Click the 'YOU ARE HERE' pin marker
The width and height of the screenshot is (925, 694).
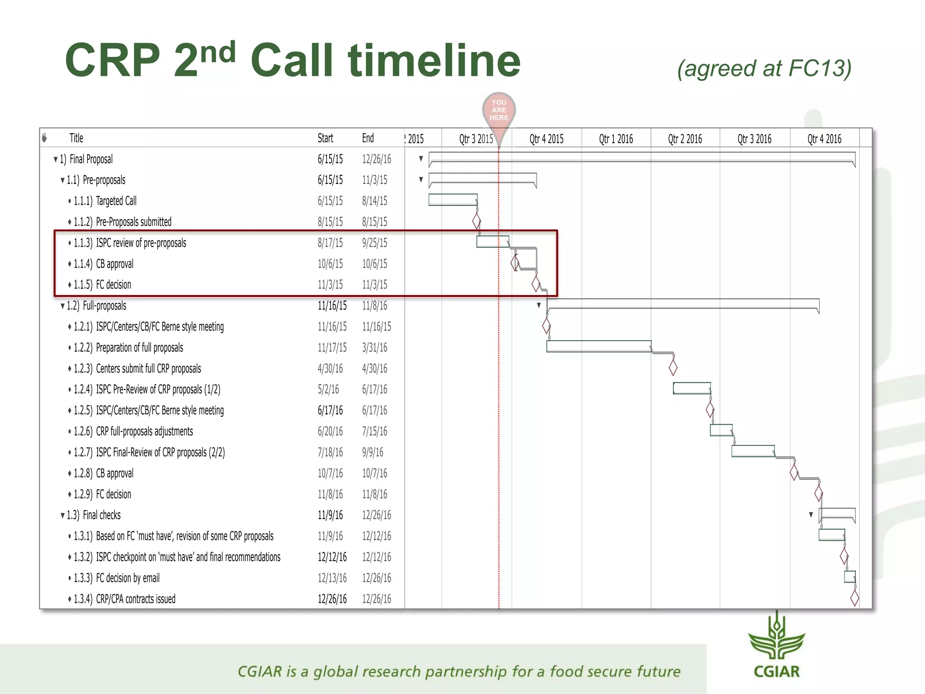(499, 111)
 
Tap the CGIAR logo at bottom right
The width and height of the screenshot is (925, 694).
(776, 646)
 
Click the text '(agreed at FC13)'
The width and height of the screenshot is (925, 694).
(764, 69)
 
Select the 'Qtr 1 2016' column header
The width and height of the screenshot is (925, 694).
(616, 139)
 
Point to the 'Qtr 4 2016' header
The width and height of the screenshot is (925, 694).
(824, 139)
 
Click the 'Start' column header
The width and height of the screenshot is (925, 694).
(325, 138)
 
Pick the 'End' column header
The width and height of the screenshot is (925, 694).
(368, 138)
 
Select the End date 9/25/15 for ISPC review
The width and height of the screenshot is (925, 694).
(374, 243)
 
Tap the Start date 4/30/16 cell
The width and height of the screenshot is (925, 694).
(330, 368)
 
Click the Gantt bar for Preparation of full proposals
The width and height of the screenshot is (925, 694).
(598, 346)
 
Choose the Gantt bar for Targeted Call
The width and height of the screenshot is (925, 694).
(453, 200)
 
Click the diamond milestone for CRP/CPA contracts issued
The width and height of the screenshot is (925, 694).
(855, 598)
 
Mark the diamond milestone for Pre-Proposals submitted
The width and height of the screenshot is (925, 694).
(477, 221)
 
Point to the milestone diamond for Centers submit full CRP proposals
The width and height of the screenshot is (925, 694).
(673, 368)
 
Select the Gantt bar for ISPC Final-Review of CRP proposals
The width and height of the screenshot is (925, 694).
(753, 451)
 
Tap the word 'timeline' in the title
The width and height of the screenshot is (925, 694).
(434, 60)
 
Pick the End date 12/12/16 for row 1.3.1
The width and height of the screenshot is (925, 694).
(376, 536)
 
